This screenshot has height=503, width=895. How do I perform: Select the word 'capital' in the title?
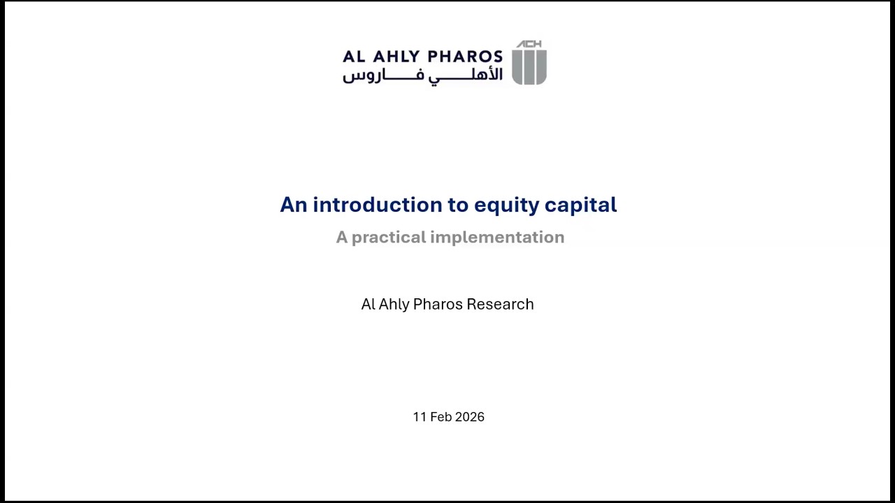pyautogui.click(x=580, y=205)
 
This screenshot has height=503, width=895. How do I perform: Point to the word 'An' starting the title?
pyautogui.click(x=293, y=205)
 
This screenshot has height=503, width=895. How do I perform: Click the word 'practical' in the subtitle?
pyautogui.click(x=388, y=238)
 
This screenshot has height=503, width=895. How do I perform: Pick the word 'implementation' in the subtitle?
pyautogui.click(x=497, y=238)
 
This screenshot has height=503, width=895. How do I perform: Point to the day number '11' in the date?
pyautogui.click(x=420, y=417)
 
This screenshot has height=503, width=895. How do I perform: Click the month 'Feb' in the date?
pyautogui.click(x=441, y=417)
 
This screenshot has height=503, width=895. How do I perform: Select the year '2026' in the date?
pyautogui.click(x=469, y=417)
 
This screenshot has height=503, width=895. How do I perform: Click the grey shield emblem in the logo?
pyautogui.click(x=529, y=67)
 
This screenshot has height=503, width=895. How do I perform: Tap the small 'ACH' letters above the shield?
pyautogui.click(x=529, y=44)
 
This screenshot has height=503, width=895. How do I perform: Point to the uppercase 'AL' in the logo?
pyautogui.click(x=353, y=57)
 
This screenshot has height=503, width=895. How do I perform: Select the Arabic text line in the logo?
pyautogui.click(x=422, y=75)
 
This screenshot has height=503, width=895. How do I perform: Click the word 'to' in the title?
pyautogui.click(x=458, y=205)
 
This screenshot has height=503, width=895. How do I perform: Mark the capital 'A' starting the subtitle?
pyautogui.click(x=341, y=238)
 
